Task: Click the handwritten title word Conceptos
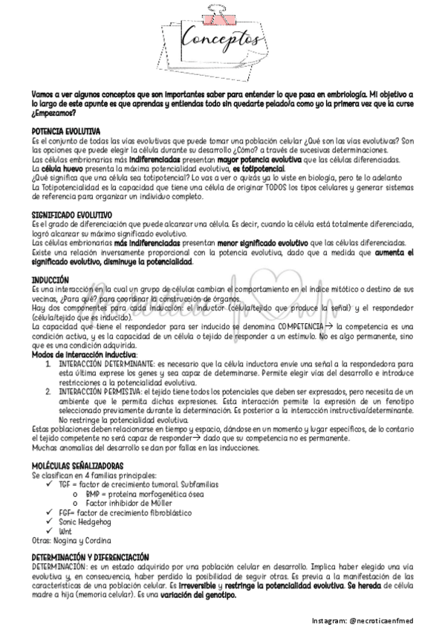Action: (x=222, y=38)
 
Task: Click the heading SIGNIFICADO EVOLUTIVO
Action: (x=71, y=215)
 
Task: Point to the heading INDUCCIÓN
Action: (x=51, y=279)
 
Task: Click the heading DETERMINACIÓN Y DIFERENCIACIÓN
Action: (x=91, y=557)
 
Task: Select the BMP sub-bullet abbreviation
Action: (x=93, y=493)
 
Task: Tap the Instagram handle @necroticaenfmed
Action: (x=390, y=620)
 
